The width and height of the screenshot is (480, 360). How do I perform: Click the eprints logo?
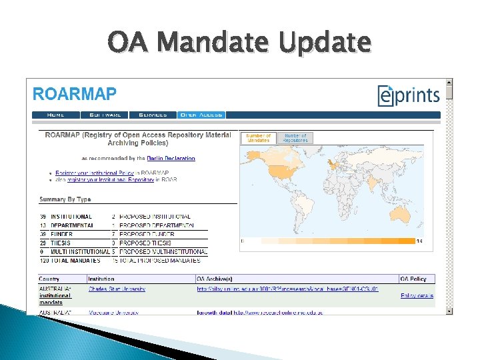(409, 95)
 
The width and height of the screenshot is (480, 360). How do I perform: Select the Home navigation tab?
(56, 115)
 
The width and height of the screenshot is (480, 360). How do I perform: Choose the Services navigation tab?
(153, 115)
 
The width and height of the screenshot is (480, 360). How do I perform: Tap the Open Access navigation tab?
(201, 115)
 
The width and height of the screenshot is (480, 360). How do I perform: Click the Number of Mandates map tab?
(258, 138)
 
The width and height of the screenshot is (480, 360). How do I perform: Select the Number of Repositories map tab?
(295, 138)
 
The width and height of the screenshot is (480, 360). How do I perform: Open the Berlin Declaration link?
(171, 159)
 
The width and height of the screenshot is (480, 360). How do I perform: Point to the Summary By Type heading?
(65, 199)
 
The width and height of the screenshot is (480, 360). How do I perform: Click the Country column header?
(49, 279)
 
